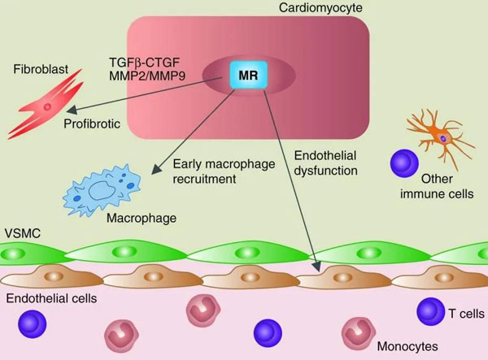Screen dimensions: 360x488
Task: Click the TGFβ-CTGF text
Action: click(x=144, y=61)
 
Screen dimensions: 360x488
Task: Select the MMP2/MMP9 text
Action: click(x=145, y=76)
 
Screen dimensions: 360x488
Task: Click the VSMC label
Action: click(x=19, y=232)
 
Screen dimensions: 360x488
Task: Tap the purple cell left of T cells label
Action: click(x=430, y=310)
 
